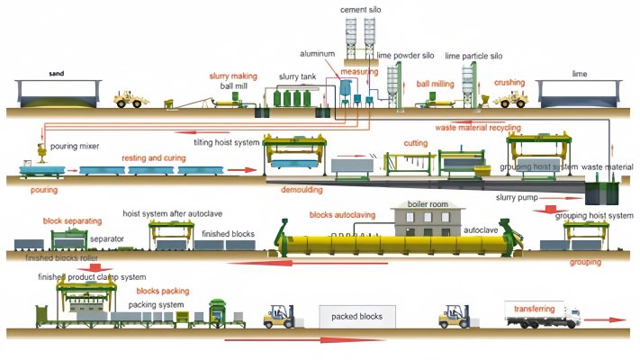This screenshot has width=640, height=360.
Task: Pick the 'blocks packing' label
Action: pos(162,292)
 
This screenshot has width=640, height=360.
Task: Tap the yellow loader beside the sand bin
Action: pos(131,97)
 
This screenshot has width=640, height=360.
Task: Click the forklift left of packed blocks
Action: pos(278,317)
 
